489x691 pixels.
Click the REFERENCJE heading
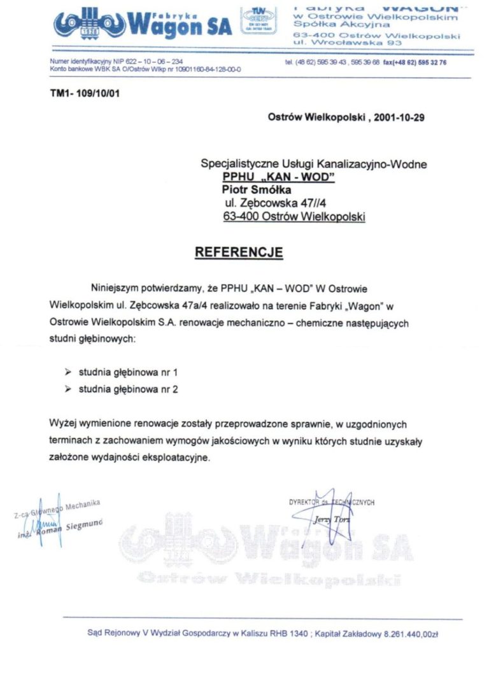tap(239, 252)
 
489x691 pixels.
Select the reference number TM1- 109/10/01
tap(85, 94)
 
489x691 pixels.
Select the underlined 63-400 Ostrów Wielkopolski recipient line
tap(294, 216)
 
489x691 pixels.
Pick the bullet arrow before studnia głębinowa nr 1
tap(68, 370)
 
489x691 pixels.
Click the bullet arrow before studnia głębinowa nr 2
tap(68, 389)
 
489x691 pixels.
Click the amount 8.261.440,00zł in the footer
tap(411, 634)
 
